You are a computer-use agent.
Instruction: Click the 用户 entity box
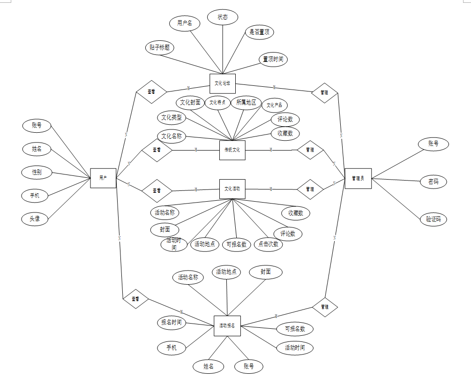[103, 178]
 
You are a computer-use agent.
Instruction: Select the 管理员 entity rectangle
[358, 178]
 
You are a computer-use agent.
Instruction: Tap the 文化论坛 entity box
[222, 83]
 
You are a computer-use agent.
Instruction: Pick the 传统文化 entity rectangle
[232, 150]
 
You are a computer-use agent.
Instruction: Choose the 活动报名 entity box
[227, 325]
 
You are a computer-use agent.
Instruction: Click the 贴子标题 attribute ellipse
[159, 48]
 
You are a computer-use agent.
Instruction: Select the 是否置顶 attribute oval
[259, 32]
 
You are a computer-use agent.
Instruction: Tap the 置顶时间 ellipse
[273, 60]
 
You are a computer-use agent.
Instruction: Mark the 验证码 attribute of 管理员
[434, 219]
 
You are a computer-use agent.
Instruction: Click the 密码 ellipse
[434, 181]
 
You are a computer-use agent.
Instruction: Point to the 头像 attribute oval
[35, 219]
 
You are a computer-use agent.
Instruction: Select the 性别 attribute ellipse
[37, 172]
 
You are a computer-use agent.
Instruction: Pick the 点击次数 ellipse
[269, 244]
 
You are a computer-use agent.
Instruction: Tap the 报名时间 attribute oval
[171, 323]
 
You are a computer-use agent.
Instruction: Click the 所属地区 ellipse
[246, 102]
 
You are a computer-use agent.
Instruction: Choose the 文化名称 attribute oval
[172, 136]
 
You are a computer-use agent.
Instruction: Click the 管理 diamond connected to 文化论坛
[324, 92]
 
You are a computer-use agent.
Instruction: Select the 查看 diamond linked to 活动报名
[135, 298]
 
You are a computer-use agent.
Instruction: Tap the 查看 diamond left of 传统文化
[157, 150]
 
